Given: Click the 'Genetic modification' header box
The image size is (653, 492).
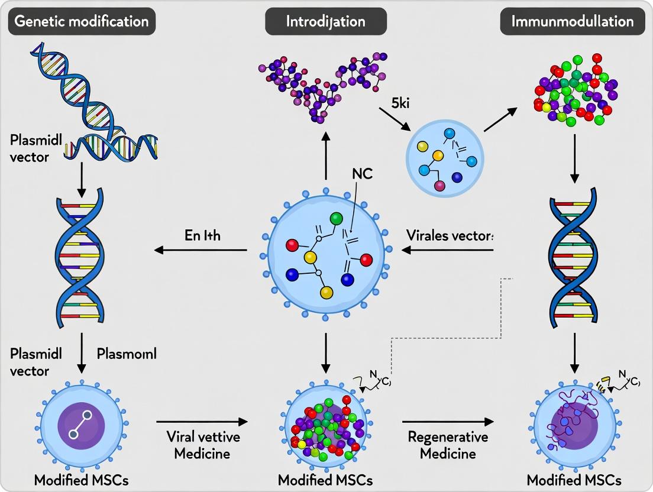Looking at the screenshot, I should pyautogui.click(x=82, y=22).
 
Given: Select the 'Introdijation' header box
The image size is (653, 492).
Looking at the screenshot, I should pyautogui.click(x=325, y=22).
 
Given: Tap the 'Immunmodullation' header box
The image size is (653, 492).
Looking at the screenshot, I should pyautogui.click(x=571, y=22).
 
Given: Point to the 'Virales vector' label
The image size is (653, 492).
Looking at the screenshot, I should pyautogui.click(x=450, y=234).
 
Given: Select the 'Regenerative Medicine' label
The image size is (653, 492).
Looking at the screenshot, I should pyautogui.click(x=448, y=445).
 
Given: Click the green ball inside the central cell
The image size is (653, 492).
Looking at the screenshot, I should pyautogui.click(x=336, y=219).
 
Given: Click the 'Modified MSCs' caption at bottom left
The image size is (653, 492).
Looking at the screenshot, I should pyautogui.click(x=81, y=480).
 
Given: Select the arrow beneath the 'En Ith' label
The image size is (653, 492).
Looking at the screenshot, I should pyautogui.click(x=201, y=250).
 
